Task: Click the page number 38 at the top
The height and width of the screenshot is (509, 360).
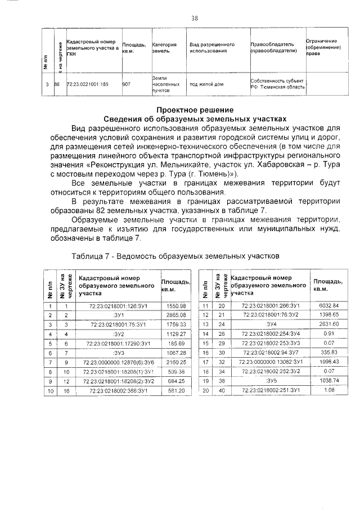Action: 195,18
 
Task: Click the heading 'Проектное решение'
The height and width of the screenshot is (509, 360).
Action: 195,110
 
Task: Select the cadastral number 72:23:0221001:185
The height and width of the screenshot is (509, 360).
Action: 87,84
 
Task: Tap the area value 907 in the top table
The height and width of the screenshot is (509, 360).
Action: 127,84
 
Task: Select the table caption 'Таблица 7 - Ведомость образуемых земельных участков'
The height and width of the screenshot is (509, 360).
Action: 175,255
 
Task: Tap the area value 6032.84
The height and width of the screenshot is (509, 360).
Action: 328,305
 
